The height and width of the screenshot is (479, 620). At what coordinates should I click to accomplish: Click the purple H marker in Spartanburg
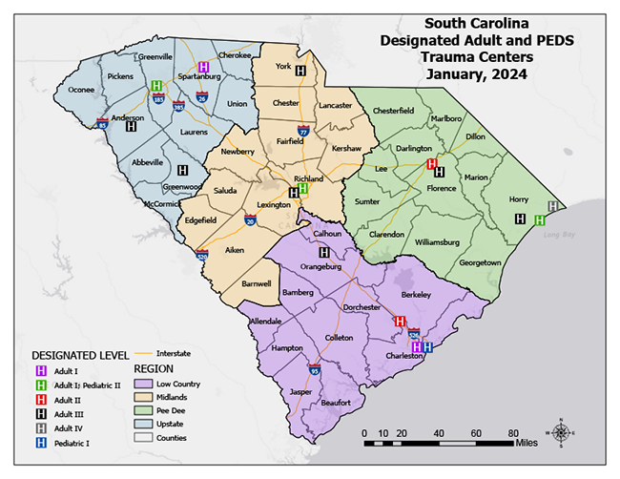[203, 68]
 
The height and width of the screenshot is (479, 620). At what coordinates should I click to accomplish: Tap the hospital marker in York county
[300, 71]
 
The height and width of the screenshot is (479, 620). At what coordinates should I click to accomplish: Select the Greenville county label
[155, 56]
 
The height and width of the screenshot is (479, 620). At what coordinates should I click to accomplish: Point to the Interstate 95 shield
[314, 367]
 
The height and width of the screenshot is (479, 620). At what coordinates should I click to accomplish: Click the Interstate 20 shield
[250, 220]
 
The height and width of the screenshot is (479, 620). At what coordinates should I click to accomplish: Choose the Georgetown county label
[479, 262]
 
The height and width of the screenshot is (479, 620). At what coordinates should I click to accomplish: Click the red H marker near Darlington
[431, 164]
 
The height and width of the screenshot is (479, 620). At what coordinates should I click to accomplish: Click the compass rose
[562, 434]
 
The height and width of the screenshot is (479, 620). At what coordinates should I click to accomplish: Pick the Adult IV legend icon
[41, 428]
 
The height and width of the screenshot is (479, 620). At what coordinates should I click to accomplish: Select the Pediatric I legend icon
[41, 443]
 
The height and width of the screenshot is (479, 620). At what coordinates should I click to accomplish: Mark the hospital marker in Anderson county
[131, 125]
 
